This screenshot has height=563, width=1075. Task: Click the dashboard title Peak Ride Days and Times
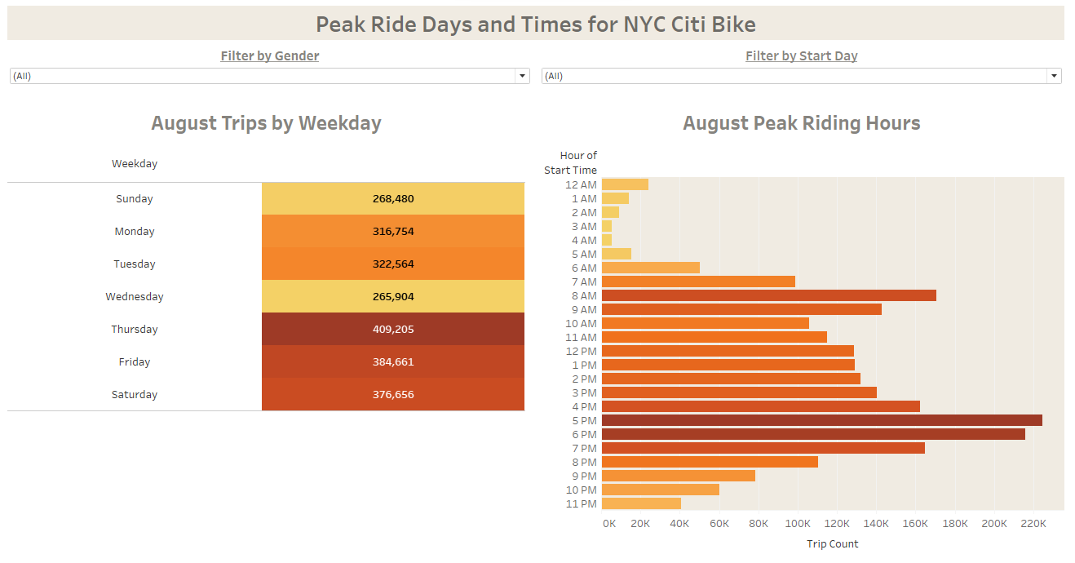pos(535,24)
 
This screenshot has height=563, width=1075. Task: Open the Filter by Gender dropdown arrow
pos(522,76)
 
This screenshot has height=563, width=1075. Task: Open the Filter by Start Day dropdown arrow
pos(1054,76)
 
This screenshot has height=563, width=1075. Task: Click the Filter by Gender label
pos(269,56)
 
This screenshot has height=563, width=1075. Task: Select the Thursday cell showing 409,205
pos(393,330)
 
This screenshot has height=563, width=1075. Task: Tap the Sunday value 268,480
pos(393,199)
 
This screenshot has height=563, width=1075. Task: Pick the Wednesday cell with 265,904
pos(393,297)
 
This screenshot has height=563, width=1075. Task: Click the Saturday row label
pos(135,395)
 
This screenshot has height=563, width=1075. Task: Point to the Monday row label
pos(135,232)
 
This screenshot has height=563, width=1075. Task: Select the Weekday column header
pos(135,164)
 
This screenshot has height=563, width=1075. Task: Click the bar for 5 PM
pos(821,420)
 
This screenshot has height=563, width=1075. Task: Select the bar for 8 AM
pos(768,295)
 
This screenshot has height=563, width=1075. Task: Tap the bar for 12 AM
pos(625,184)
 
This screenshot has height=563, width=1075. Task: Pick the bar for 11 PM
pos(641,503)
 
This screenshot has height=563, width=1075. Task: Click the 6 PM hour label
pos(584,434)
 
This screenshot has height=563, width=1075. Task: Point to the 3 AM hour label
pos(584,226)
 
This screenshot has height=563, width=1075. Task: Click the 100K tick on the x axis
pos(798,524)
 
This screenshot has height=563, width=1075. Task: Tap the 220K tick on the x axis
pos(1033,524)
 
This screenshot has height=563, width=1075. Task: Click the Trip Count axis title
pos(832,544)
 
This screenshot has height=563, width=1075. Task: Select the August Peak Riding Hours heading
pos(801,123)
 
